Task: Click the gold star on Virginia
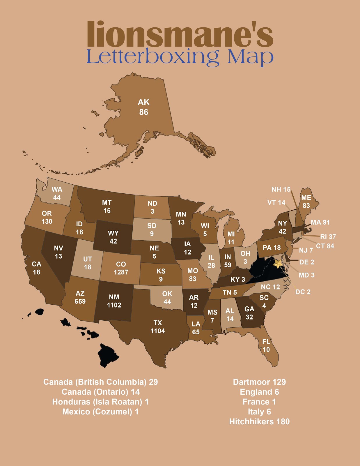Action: coord(278,264)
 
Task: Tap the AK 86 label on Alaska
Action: coord(143,107)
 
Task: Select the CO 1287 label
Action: coord(121,268)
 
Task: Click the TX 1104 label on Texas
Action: coord(157,327)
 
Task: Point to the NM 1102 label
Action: coord(114,301)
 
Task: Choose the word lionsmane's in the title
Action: coord(180,34)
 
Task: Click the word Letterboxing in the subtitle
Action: coord(152,57)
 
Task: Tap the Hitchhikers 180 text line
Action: coord(259,421)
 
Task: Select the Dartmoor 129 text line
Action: coord(259,382)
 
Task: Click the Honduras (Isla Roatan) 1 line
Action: coord(100,402)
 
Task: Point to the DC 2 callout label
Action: coord(303,292)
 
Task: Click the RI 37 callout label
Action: coord(328,236)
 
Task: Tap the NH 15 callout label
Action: coord(281,189)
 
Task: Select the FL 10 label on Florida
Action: coord(266,345)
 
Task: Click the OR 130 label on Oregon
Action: coord(47,217)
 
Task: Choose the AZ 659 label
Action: coord(80,297)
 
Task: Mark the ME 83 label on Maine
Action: coord(306,202)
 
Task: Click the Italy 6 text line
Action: coord(259,412)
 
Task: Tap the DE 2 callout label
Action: coord(306,262)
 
